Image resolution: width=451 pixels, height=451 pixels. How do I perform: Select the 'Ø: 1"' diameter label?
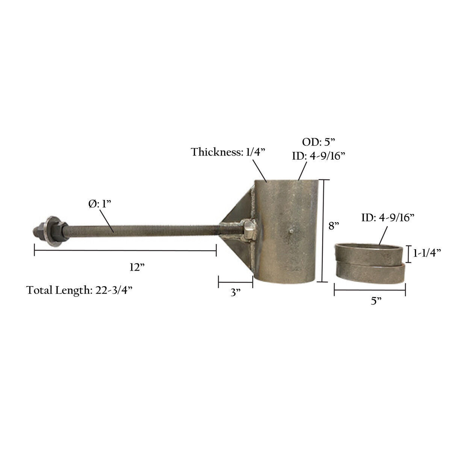point(100,204)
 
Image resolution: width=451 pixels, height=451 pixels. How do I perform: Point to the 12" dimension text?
point(137,267)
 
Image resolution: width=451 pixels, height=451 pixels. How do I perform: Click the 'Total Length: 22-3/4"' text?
point(80,291)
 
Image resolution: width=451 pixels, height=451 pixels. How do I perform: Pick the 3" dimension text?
point(235,292)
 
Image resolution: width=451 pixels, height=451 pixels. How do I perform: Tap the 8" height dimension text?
point(334,226)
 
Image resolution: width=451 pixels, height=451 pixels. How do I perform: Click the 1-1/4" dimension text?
point(427,253)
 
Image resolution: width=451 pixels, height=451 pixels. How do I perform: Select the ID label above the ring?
point(388,218)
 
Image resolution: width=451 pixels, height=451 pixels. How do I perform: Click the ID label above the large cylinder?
point(319,156)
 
